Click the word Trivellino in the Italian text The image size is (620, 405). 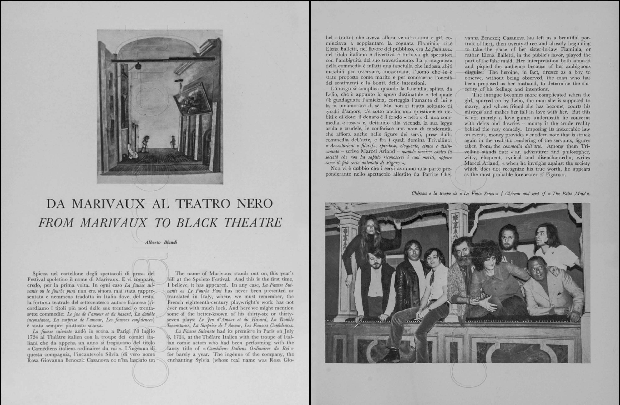tap(439, 140)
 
